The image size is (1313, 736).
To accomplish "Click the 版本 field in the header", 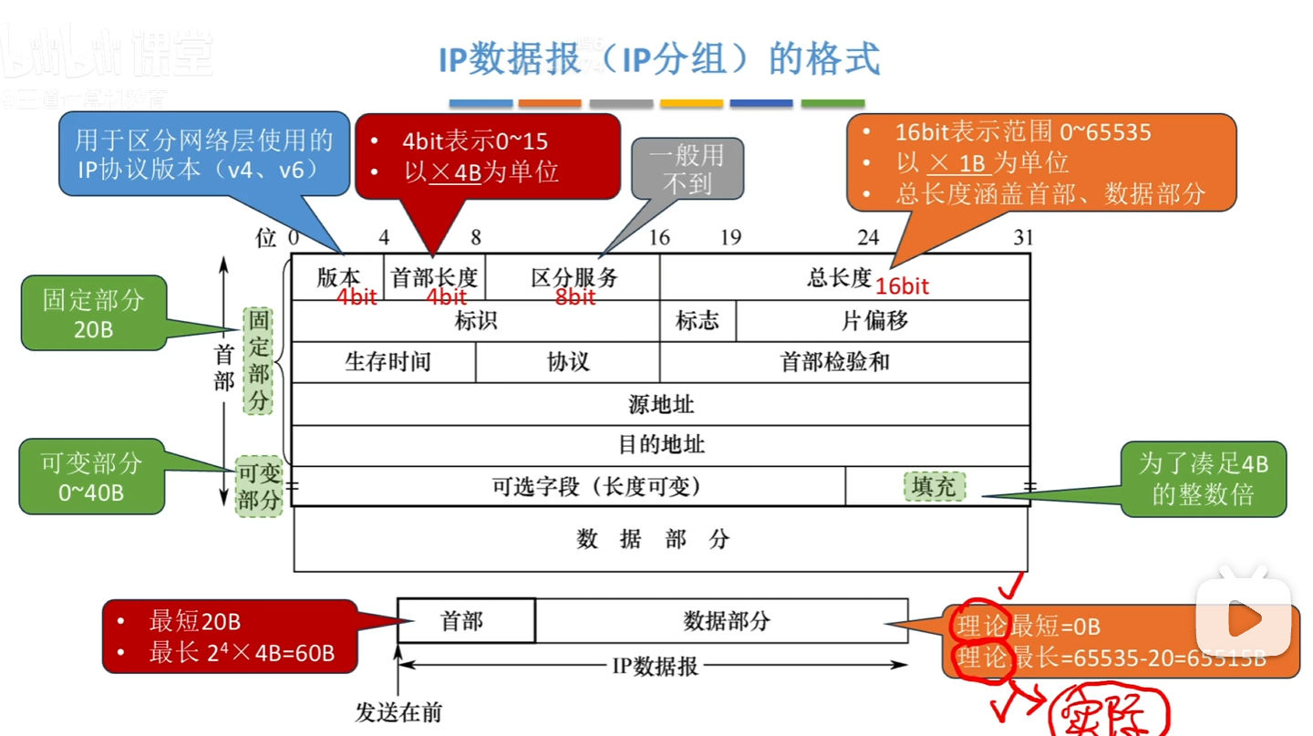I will (338, 277).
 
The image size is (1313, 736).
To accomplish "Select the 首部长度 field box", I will (434, 277).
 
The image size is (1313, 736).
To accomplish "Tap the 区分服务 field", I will (574, 277).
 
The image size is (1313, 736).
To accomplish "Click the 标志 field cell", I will (698, 321).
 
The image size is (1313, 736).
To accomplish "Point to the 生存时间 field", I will (387, 362).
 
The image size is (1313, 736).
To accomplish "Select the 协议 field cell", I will (568, 362).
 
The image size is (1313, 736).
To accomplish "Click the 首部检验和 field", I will (834, 362).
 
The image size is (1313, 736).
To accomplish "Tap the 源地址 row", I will (661, 404).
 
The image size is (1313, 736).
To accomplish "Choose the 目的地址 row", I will (661, 445).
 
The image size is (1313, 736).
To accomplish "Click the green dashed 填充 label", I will (934, 486).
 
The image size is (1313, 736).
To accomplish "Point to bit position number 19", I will (730, 238).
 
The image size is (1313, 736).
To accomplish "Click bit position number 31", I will (1023, 238).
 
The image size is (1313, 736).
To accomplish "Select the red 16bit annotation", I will (902, 286).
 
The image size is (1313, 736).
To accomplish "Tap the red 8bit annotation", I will (575, 297).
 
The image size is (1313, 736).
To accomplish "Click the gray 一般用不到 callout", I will (688, 169).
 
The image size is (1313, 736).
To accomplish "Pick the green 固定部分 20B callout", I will (93, 313).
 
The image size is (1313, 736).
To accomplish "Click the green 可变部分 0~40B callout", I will (91, 476).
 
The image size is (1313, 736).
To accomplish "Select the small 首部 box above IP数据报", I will (462, 621).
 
